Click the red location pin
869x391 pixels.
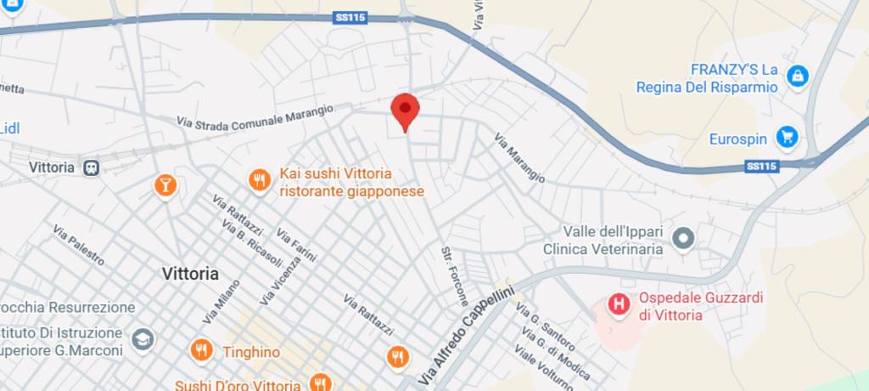tap(405, 110)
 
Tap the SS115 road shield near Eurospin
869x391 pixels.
tap(762, 167)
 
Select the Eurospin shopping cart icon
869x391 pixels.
tap(788, 136)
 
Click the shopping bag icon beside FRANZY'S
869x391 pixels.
tap(797, 77)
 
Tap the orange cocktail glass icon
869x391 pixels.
tap(165, 184)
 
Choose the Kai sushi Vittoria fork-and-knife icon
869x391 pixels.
tap(260, 180)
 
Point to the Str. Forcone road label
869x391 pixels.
tap(454, 276)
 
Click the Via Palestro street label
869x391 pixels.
tap(79, 245)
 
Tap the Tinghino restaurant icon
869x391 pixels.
tap(201, 349)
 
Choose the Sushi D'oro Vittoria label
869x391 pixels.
tap(238, 385)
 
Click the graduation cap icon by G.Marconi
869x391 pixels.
tap(143, 340)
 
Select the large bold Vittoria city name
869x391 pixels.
tap(190, 274)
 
